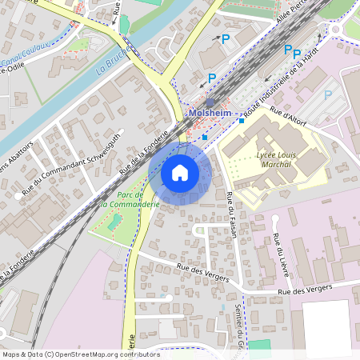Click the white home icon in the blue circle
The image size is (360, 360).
pyautogui.click(x=180, y=172)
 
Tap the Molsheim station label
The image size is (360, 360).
pyautogui.click(x=210, y=114)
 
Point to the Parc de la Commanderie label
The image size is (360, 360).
pyautogui.click(x=130, y=199)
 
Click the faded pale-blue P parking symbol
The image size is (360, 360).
pyautogui.click(x=327, y=94)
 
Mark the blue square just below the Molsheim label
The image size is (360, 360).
pyautogui.click(x=205, y=137)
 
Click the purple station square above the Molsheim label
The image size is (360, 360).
pyautogui.click(x=210, y=102)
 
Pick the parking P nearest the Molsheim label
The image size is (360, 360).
pyautogui.click(x=212, y=78)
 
